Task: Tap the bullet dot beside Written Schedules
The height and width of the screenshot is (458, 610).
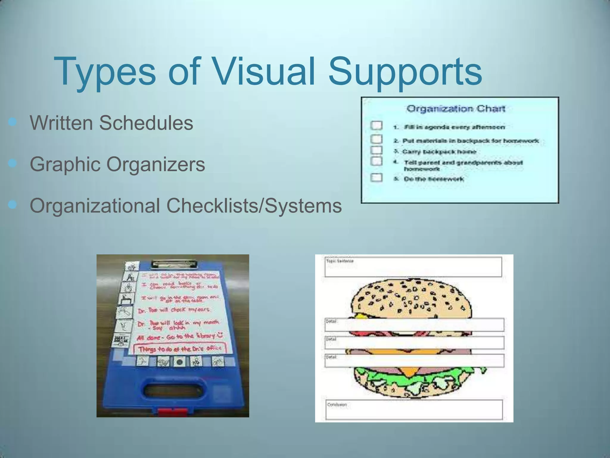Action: [12, 121]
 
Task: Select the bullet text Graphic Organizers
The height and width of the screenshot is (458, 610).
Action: [117, 164]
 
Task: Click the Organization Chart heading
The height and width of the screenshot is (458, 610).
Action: [456, 109]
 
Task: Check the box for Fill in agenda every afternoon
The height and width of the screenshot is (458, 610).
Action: [376, 125]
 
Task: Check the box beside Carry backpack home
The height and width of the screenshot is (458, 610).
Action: [376, 150]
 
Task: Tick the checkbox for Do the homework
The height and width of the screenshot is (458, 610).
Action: [376, 178]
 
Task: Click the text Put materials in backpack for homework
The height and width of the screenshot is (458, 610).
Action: [471, 141]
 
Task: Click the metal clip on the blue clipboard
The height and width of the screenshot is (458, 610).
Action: [174, 264]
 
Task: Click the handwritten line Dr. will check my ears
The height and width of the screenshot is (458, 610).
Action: [174, 310]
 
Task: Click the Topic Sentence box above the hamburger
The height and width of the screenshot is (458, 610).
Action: [413, 267]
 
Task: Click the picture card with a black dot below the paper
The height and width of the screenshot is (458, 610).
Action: [179, 362]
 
